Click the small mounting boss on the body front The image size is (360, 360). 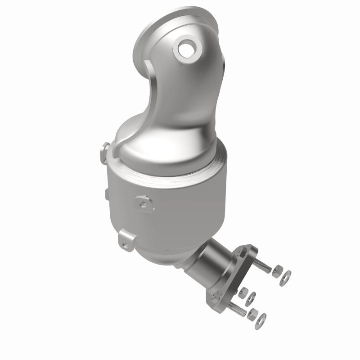point(144,203)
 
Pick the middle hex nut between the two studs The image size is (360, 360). point(243,292)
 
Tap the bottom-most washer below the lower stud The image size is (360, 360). point(261,319)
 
